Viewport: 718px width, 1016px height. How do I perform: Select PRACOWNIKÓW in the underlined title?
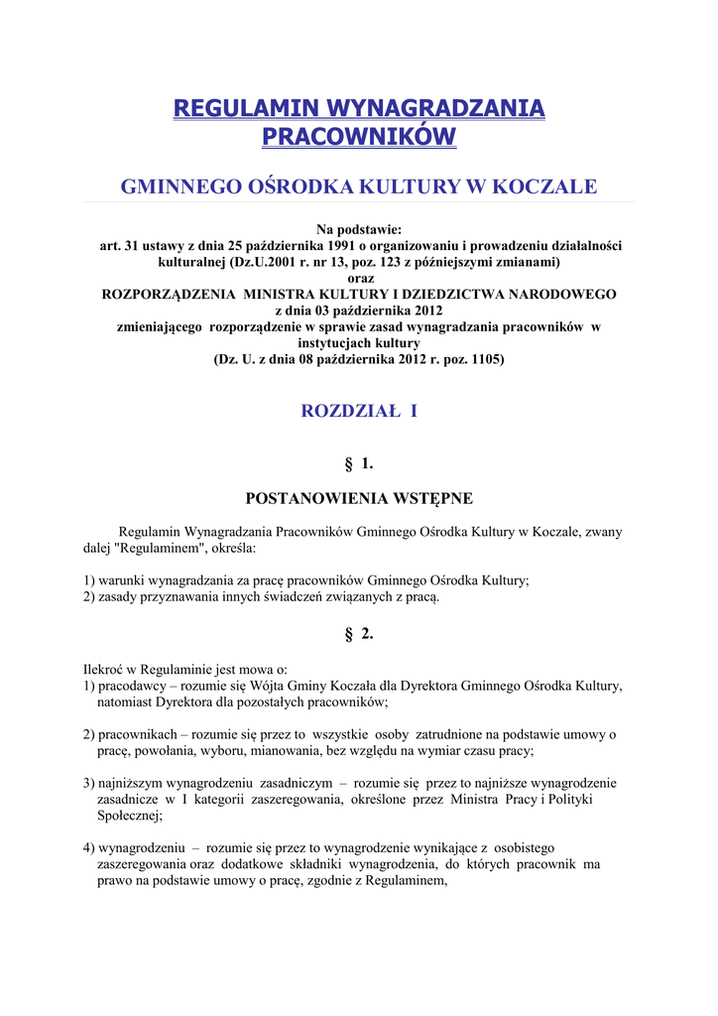pos(359,136)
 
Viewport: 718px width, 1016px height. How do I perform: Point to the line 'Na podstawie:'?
pos(359,230)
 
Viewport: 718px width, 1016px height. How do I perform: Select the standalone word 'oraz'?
pos(359,279)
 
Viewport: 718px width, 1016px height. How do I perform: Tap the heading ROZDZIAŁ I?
pos(359,411)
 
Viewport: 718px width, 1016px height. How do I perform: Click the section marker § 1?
pos(359,462)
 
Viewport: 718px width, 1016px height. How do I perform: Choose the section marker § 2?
pos(359,635)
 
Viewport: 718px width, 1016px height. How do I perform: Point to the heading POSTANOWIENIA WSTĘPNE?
pos(359,498)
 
